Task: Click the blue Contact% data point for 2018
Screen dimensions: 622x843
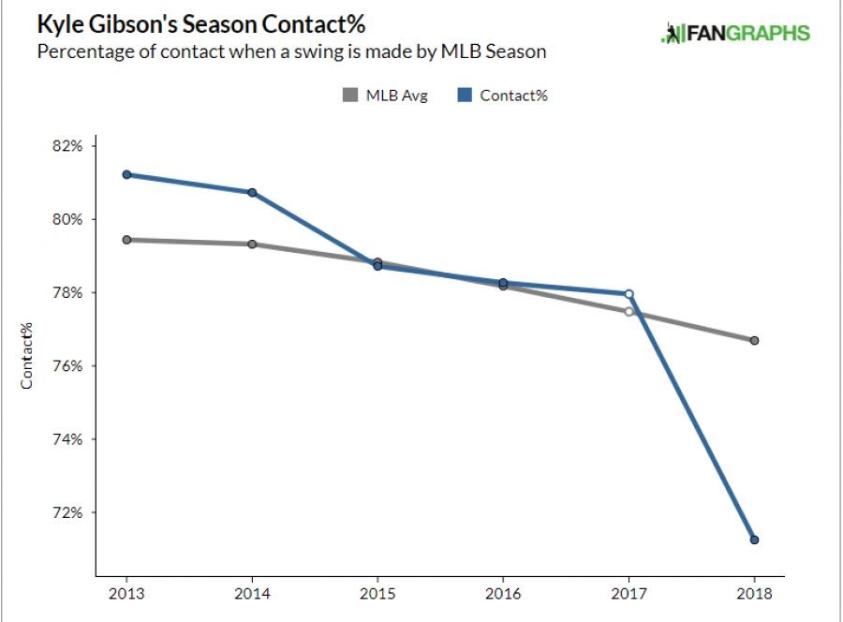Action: click(754, 540)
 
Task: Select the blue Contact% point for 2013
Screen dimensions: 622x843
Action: click(126, 174)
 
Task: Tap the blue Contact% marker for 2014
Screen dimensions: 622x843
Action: click(252, 192)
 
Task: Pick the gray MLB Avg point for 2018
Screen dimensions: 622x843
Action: click(754, 340)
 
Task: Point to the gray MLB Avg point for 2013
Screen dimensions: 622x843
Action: click(126, 240)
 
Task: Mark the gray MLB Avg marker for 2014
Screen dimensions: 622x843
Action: click(252, 244)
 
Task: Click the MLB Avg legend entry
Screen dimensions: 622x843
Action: click(385, 95)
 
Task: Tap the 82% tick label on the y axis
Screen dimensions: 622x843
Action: click(68, 146)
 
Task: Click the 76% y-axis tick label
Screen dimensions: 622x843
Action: click(68, 366)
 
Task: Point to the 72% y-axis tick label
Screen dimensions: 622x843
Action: click(68, 513)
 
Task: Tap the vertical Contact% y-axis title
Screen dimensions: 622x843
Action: click(28, 355)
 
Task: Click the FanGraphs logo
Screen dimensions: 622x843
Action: click(735, 34)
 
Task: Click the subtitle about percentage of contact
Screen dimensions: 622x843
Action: click(290, 52)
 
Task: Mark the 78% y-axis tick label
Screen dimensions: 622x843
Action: click(68, 293)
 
